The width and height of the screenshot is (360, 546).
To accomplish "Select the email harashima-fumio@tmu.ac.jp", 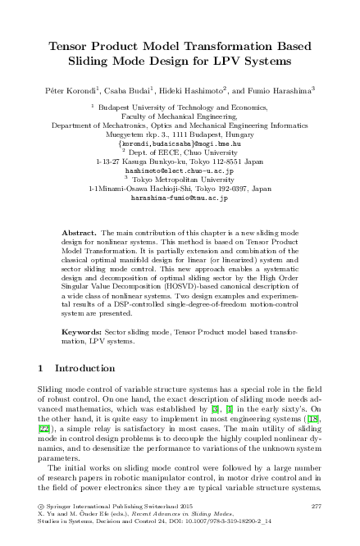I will coord(179,198).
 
